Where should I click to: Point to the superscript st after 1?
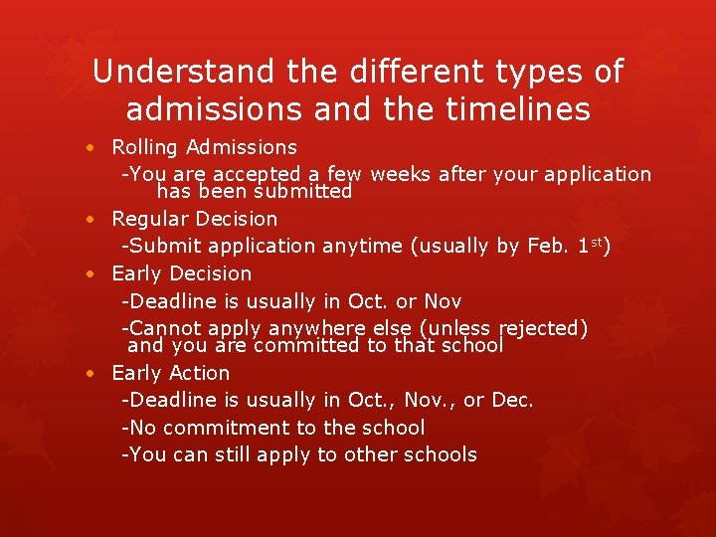coord(595,241)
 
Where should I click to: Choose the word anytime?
coord(358,246)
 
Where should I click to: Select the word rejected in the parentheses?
coord(541,328)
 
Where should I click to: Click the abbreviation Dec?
coord(512,400)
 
